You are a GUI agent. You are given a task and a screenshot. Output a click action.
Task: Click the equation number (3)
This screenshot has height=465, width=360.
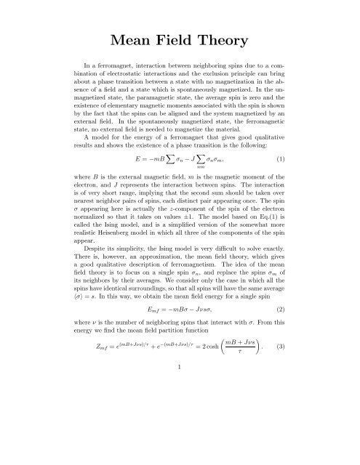tap(308, 404)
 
